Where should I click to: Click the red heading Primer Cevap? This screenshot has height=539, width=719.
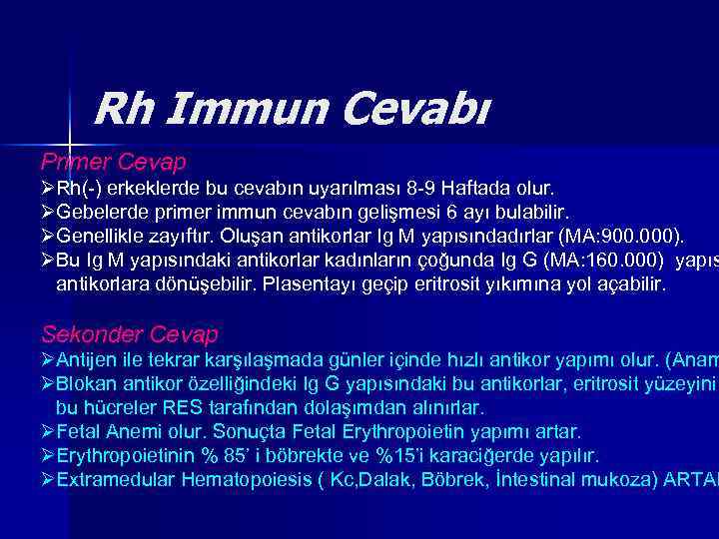tap(113, 161)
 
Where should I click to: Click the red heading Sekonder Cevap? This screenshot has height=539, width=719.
tap(129, 333)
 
